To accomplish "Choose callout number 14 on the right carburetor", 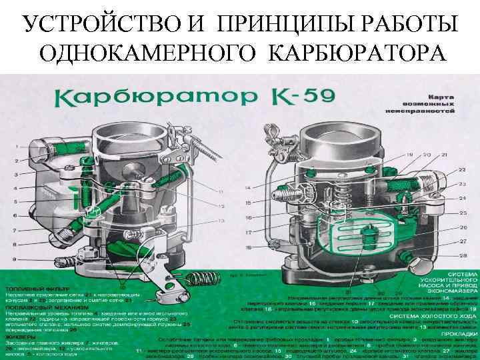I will point(248,189).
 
